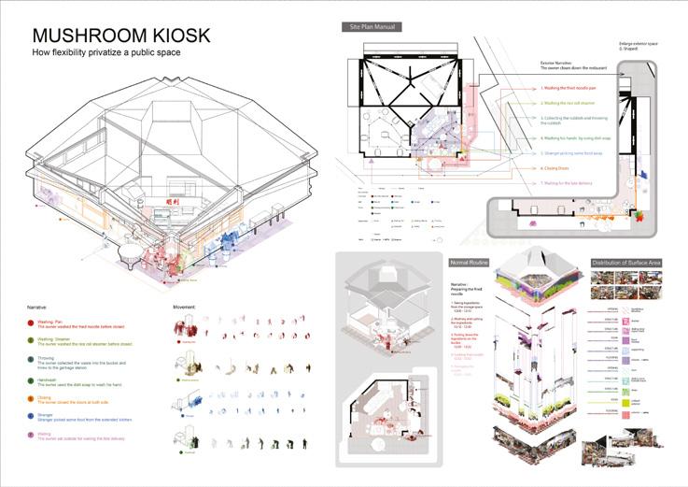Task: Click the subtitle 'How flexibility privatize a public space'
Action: tap(105, 52)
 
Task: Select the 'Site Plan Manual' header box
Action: tap(372, 27)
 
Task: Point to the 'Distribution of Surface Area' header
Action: tap(629, 263)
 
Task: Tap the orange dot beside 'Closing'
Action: tap(33, 397)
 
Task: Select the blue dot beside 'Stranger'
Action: tap(33, 416)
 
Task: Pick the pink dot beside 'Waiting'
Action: tap(33, 435)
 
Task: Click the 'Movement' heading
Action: tap(186, 306)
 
